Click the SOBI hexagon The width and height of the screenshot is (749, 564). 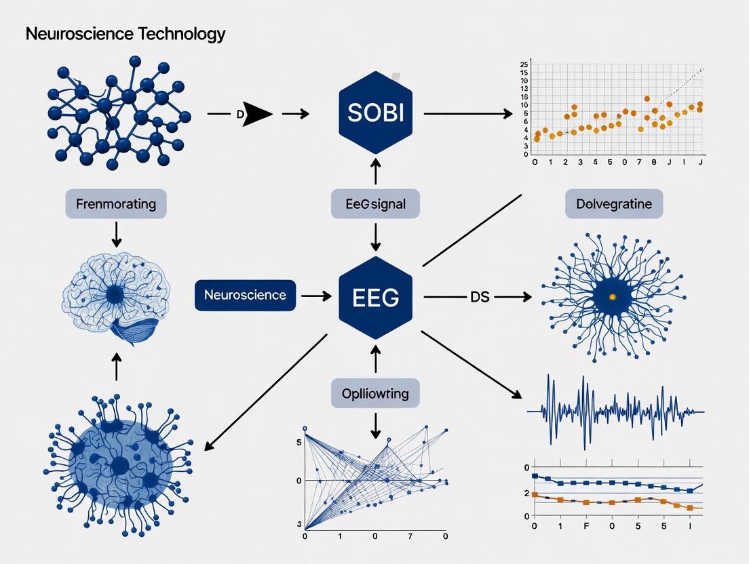pos(375,114)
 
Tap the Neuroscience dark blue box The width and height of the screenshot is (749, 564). pos(245,296)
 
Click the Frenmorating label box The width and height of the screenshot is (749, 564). pos(116,203)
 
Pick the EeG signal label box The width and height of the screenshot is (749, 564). pos(375,203)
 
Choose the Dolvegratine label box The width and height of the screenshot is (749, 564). pos(614,203)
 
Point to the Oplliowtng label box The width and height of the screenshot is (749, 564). pos(375,392)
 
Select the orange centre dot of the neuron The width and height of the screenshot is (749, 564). pos(613,296)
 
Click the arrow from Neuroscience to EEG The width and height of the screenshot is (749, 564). pos(315,296)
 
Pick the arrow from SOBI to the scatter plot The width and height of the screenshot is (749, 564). pos(468,115)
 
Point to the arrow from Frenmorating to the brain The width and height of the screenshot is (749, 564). pos(116,234)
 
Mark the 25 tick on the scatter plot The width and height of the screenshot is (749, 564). pos(523,64)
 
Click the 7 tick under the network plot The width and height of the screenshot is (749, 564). pos(409,537)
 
